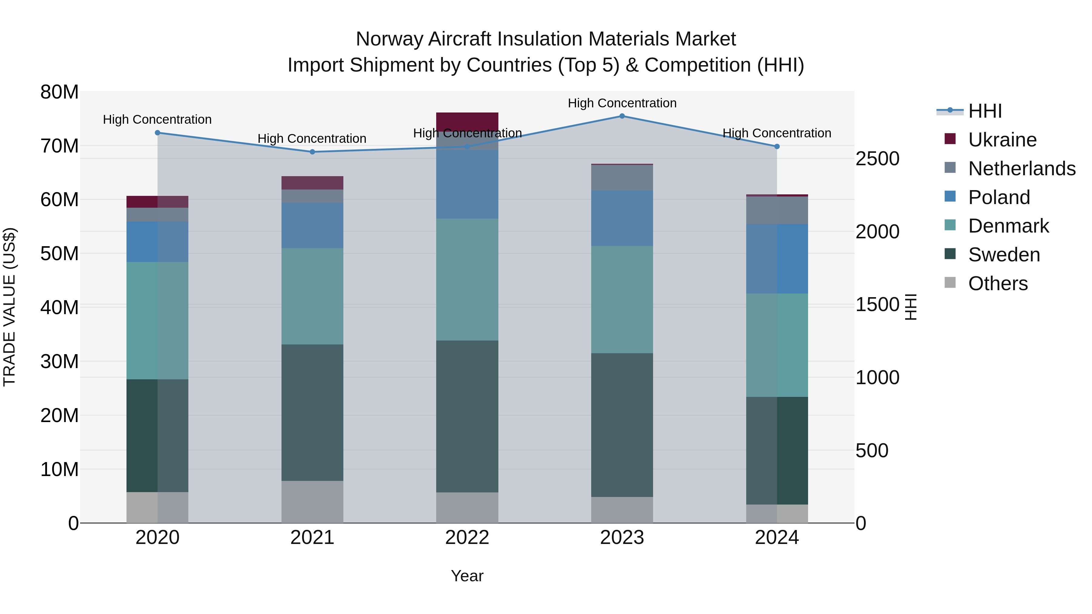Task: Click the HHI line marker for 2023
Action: (x=622, y=116)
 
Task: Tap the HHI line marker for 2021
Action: (x=312, y=152)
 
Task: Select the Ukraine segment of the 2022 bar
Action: (x=467, y=122)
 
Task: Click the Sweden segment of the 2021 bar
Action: (x=312, y=412)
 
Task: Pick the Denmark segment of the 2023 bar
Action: (x=622, y=300)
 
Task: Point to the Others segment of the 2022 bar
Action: (x=467, y=507)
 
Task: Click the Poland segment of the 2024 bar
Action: (x=777, y=259)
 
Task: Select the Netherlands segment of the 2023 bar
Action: (x=622, y=178)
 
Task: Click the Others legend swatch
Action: (x=950, y=282)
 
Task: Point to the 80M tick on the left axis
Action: (x=59, y=92)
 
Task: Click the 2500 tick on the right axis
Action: (x=877, y=159)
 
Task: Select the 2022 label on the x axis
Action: (x=467, y=538)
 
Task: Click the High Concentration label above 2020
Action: (x=157, y=119)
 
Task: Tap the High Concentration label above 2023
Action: (x=622, y=103)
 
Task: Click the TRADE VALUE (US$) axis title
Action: (x=10, y=307)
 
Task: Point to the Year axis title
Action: (x=467, y=576)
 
